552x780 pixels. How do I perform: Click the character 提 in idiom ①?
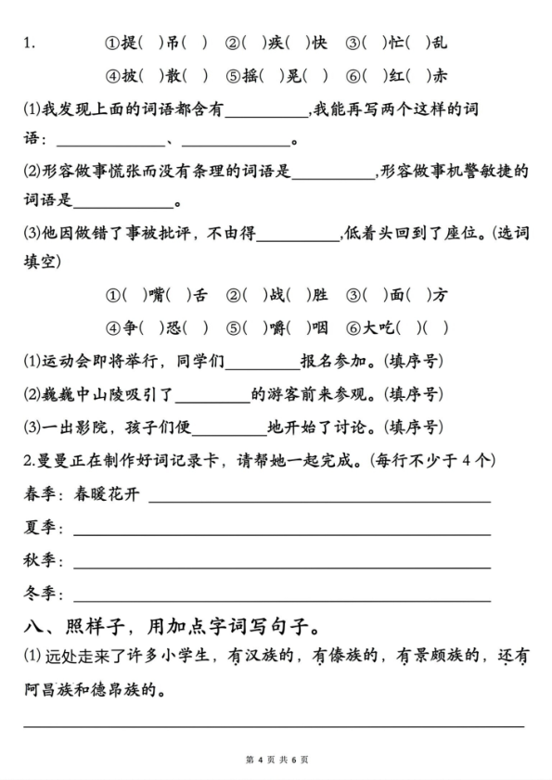coord(131,42)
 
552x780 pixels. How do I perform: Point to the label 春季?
coord(39,494)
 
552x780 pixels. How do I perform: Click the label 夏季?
coord(39,528)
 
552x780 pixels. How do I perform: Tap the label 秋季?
coord(39,560)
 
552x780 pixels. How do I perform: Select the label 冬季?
coord(39,594)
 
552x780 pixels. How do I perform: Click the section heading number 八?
coord(32,626)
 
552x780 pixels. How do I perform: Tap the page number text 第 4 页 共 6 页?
coord(276,760)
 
